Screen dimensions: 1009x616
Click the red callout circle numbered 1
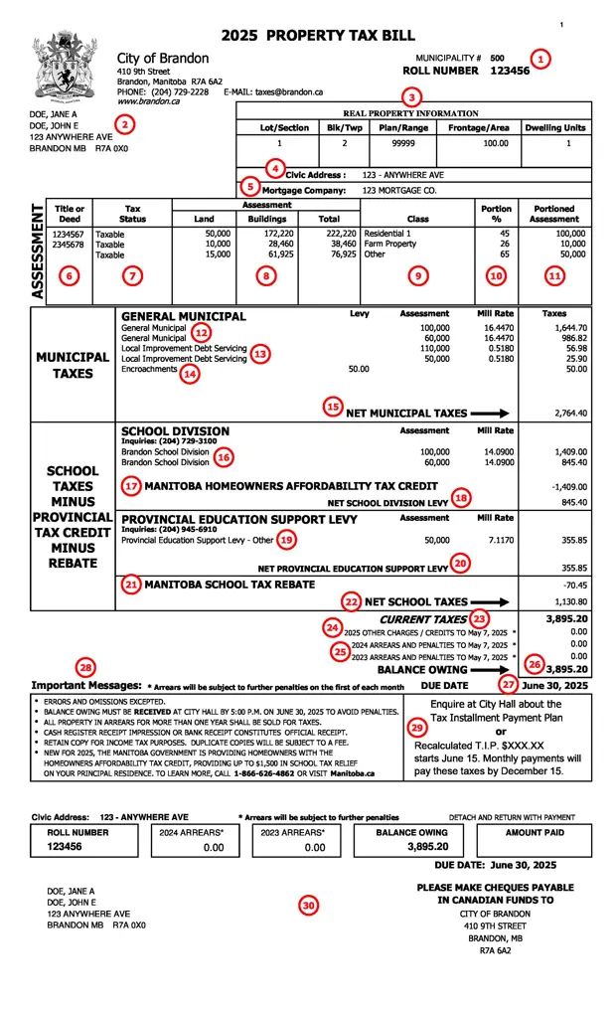pos(539,59)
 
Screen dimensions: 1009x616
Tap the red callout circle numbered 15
pos(333,407)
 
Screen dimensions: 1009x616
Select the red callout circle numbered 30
pos(309,905)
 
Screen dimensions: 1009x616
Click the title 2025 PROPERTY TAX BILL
pos(317,35)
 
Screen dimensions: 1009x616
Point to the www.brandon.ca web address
pos(148,101)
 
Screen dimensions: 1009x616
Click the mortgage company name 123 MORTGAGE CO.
pos(399,189)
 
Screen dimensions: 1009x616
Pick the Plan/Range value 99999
pos(402,143)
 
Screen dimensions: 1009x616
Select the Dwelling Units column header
pos(555,127)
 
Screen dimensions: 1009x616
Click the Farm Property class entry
pos(390,245)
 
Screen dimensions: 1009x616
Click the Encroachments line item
pos(149,369)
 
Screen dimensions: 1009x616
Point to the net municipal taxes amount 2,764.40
pos(570,414)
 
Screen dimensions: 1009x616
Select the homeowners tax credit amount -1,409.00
pos(567,487)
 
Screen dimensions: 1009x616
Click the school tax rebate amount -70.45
pos(572,586)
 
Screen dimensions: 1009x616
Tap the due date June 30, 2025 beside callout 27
pos(554,686)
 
